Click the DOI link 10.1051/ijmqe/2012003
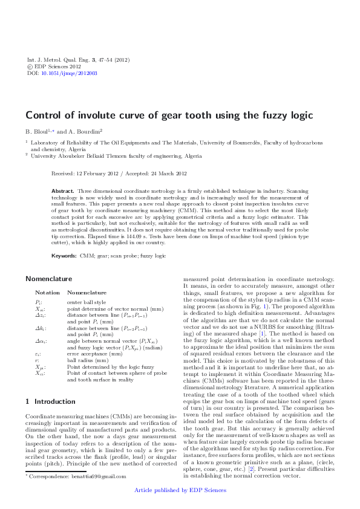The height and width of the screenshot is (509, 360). (x=70, y=73)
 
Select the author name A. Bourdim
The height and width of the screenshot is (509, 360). (x=83, y=131)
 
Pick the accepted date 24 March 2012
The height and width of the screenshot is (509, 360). (x=163, y=173)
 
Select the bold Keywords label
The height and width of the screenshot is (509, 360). (x=64, y=256)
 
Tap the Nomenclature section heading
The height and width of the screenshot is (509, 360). (x=50, y=279)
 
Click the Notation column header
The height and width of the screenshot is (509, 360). (x=47, y=292)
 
